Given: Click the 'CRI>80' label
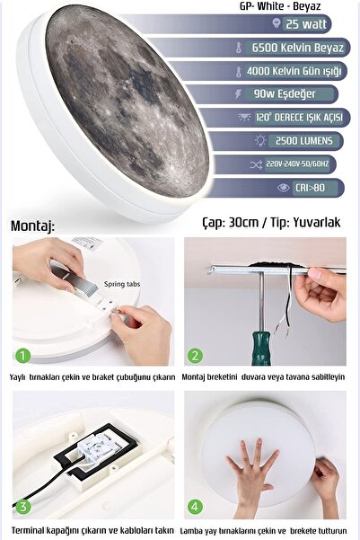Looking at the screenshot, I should [310, 188].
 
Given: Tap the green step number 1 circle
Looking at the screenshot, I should [23, 355].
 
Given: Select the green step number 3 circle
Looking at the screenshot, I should [23, 506].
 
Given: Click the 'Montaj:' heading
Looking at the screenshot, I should [32, 226].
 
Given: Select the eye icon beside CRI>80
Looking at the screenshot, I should [284, 188].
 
